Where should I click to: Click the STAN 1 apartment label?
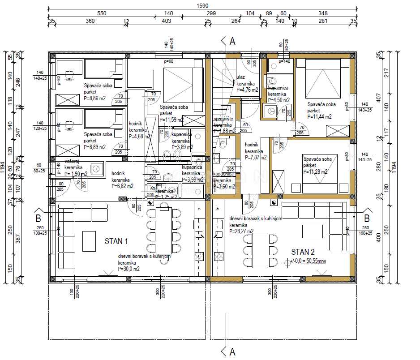116,241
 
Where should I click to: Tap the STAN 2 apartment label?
303,252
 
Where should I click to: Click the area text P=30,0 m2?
129,269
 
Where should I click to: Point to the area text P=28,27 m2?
241,231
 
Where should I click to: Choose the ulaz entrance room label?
241,78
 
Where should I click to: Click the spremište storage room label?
223,119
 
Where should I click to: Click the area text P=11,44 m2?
320,116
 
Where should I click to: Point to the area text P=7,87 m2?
256,157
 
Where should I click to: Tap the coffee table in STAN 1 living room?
88,241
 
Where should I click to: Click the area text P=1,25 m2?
167,197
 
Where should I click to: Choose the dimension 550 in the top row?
102,14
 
